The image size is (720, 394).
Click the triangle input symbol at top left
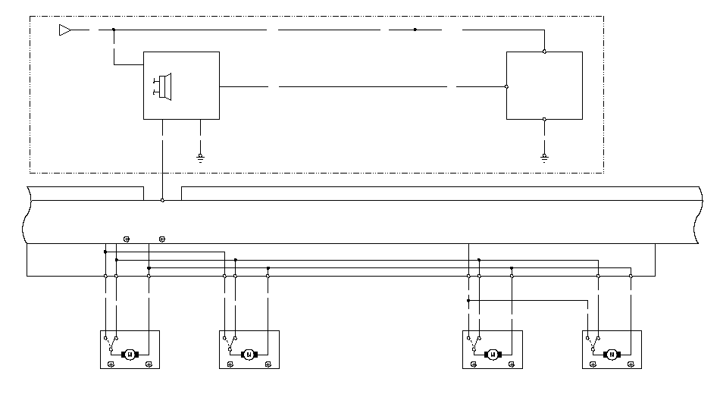pyautogui.click(x=64, y=30)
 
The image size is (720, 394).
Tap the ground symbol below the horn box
pyautogui.click(x=200, y=158)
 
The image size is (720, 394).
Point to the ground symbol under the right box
pyautogui.click(x=544, y=158)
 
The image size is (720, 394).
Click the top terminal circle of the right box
pyautogui.click(x=544, y=52)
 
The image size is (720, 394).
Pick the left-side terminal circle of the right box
pyautogui.click(x=506, y=86)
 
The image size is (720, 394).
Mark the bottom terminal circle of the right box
pyautogui.click(x=544, y=119)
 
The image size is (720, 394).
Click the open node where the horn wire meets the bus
pyautogui.click(x=162, y=200)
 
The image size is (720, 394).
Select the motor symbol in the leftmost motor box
pyautogui.click(x=130, y=354)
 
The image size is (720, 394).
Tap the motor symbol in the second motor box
pyautogui.click(x=249, y=354)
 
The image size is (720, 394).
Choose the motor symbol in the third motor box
pyautogui.click(x=493, y=354)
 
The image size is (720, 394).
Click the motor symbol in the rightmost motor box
pyautogui.click(x=612, y=354)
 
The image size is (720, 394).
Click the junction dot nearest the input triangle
pyautogui.click(x=114, y=30)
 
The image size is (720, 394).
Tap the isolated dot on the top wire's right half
pyautogui.click(x=415, y=30)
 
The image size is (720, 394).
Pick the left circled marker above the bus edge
pyautogui.click(x=127, y=239)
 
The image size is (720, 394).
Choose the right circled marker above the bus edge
pyautogui.click(x=162, y=239)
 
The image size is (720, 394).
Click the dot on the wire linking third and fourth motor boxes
pyautogui.click(x=468, y=301)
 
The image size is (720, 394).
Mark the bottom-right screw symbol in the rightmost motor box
pyautogui.click(x=631, y=364)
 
